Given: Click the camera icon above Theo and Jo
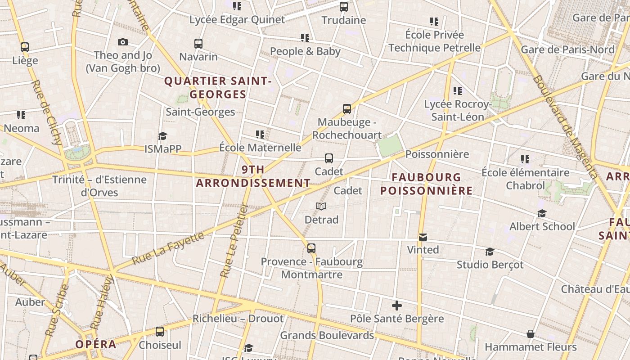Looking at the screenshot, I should (123, 42).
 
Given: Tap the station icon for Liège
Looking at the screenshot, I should (25, 47).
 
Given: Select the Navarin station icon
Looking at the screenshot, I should (198, 44).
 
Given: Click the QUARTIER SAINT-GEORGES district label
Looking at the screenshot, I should (218, 88).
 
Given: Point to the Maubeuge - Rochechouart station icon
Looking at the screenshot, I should (346, 108).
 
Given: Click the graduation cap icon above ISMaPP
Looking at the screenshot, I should (162, 136).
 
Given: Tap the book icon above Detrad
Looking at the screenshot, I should (321, 206).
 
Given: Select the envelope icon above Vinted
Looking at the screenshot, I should (423, 237).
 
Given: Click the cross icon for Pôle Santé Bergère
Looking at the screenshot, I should (396, 306).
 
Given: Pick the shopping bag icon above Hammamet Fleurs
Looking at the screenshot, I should (531, 334).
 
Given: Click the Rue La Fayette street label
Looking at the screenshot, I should (168, 249).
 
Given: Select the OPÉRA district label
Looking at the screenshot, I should (96, 345).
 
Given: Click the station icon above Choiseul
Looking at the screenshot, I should (160, 332).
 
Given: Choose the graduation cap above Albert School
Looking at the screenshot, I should (542, 213).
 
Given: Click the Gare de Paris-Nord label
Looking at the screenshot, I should (567, 49).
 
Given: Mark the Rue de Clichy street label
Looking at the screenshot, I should (47, 112).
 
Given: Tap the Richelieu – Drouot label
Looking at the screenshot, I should (238, 319).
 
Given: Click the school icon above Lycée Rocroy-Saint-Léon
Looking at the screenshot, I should (458, 91).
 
